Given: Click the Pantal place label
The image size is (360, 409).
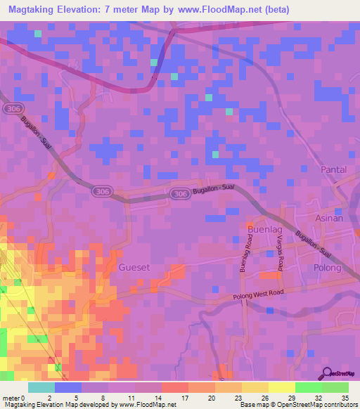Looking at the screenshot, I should [x=335, y=170].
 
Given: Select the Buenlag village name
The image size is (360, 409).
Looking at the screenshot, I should [x=264, y=229].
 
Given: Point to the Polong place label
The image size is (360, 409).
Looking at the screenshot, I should [x=327, y=268].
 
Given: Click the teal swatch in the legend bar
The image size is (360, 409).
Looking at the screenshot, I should [x=41, y=387].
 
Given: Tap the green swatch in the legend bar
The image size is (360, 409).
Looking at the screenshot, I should [x=308, y=387].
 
